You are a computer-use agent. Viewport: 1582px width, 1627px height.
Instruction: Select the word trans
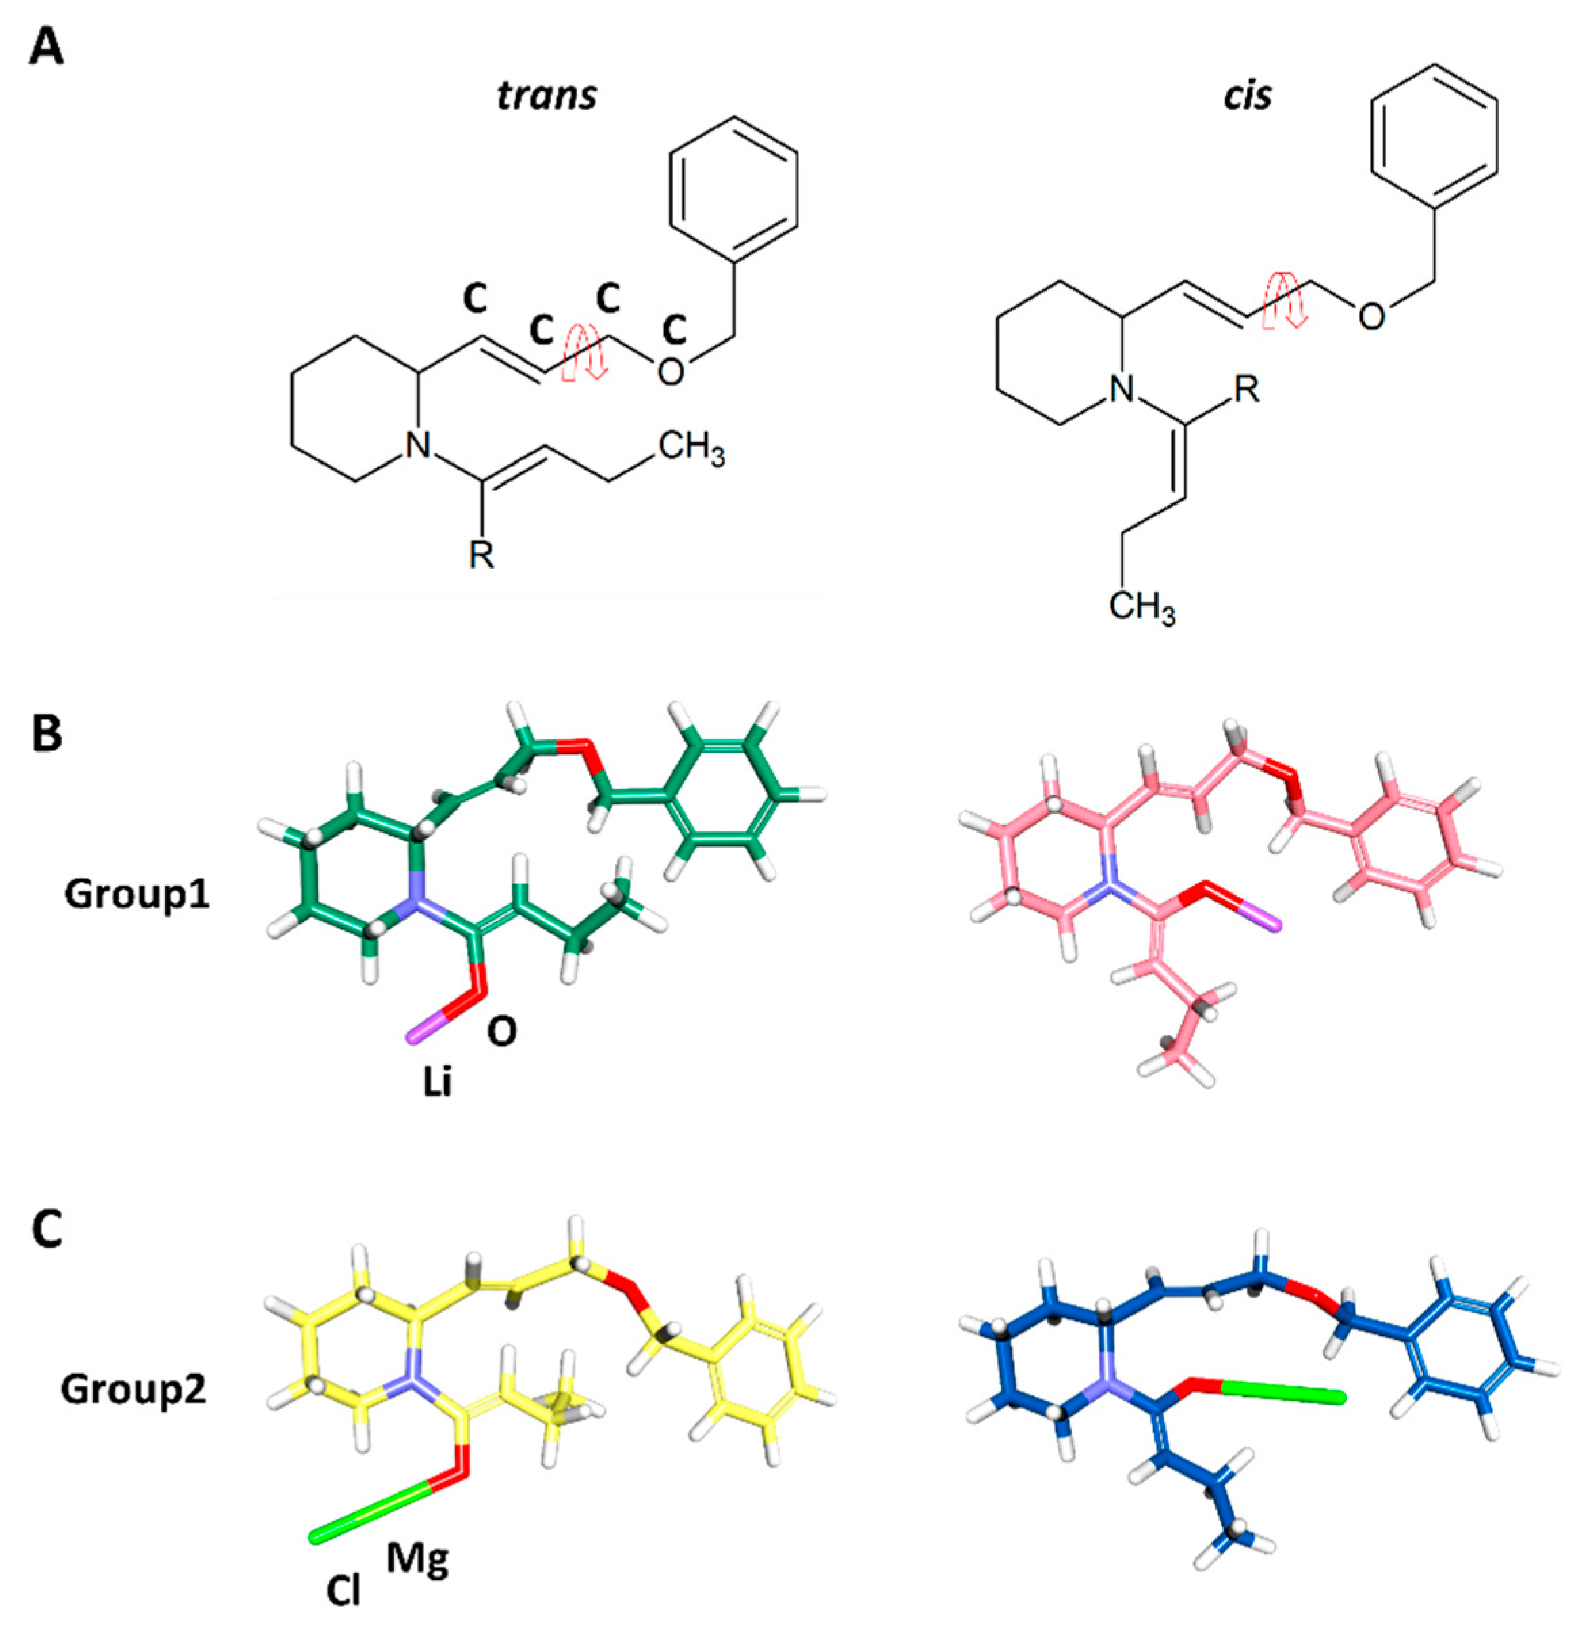click(547, 96)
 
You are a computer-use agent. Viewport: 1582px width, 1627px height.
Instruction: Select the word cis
click(1247, 96)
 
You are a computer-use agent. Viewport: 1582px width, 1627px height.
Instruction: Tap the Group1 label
click(138, 893)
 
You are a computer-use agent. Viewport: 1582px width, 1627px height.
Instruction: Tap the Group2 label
click(133, 1388)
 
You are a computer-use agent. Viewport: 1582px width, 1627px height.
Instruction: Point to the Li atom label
click(437, 1083)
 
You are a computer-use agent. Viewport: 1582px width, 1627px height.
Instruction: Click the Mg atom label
click(418, 1560)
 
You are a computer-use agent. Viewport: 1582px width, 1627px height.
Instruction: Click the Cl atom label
click(343, 1591)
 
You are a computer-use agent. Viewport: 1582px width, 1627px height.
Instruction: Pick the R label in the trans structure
click(482, 555)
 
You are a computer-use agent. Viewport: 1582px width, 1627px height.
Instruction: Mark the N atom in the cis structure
click(1123, 387)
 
